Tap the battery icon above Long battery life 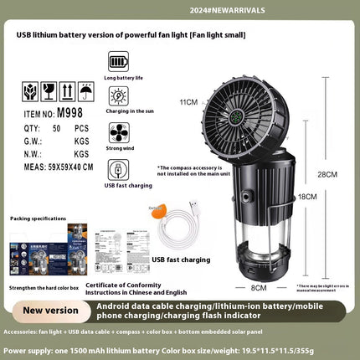click(118, 62)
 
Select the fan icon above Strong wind click(118, 132)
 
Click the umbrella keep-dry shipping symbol click(84, 88)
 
